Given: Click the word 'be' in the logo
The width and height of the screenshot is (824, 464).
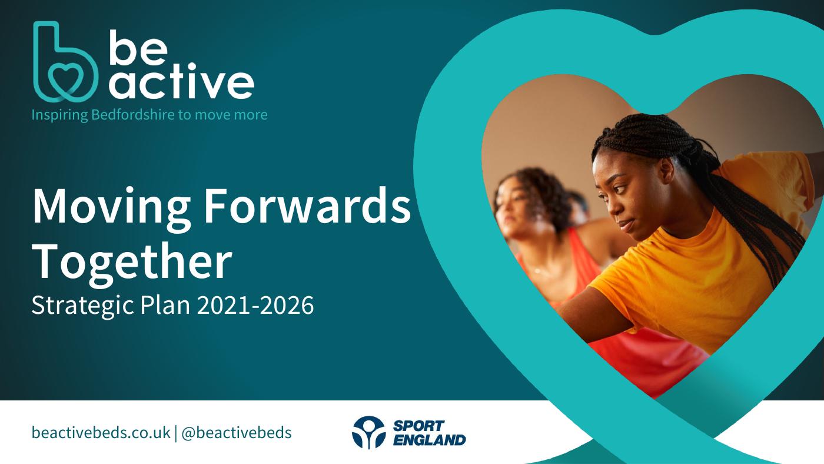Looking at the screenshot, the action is click(x=138, y=48).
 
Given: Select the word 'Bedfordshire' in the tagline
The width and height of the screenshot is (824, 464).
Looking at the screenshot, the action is click(x=133, y=114).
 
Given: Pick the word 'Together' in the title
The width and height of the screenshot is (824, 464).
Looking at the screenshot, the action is click(x=132, y=263).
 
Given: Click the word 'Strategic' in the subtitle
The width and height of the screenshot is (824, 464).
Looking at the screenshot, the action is click(x=82, y=306).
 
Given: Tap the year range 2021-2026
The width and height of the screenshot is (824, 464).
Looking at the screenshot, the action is click(x=255, y=305).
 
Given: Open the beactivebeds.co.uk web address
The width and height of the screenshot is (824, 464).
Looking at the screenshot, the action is click(x=101, y=432).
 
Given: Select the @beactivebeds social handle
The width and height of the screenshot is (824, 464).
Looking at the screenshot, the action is click(x=237, y=432).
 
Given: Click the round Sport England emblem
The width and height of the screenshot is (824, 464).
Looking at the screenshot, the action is click(x=368, y=432).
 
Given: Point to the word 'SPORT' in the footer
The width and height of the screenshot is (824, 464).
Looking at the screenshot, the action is click(x=419, y=426).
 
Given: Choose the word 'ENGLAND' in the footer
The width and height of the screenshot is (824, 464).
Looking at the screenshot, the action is click(x=429, y=440).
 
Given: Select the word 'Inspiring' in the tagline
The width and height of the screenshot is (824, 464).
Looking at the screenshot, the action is click(x=59, y=115).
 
